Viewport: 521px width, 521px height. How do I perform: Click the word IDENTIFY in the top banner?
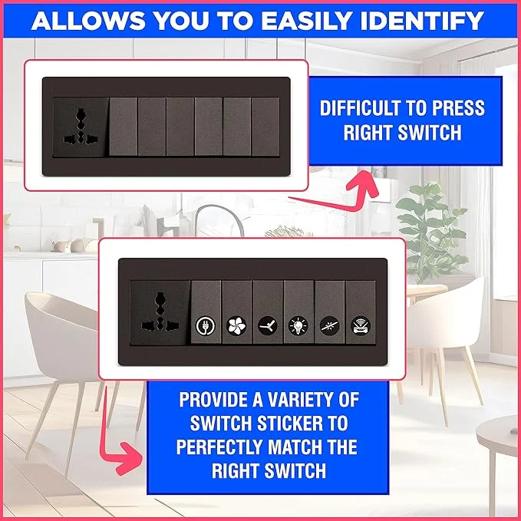tap(422, 21)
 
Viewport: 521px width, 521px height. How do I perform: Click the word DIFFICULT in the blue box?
tap(360, 108)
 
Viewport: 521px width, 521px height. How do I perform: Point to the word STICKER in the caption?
tap(290, 424)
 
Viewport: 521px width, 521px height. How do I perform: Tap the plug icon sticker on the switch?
tap(206, 325)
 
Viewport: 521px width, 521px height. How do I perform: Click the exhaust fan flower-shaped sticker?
tap(236, 325)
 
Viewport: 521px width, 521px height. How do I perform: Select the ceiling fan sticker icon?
tap(268, 325)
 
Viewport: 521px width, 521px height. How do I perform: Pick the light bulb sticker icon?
tap(298, 325)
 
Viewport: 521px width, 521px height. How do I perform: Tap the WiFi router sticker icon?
tap(361, 325)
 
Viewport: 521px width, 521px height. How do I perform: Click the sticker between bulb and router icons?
tap(330, 325)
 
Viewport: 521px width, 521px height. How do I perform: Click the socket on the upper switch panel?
tap(81, 127)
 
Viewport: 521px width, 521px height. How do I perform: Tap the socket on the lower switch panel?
tap(160, 313)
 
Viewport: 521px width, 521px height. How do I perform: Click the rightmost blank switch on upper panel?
tap(265, 127)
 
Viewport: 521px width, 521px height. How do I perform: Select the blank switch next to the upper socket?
tap(123, 127)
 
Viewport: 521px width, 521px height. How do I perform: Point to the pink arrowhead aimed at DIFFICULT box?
tap(364, 184)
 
